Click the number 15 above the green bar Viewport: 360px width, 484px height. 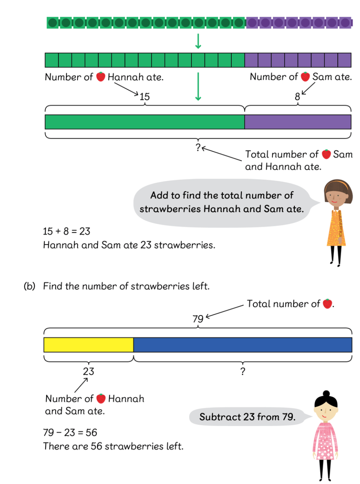[145, 96]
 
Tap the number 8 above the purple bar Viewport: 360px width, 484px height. [297, 96]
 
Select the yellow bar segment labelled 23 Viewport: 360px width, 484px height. [89, 345]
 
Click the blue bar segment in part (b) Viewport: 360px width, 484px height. [243, 345]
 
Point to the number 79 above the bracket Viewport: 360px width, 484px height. [198, 319]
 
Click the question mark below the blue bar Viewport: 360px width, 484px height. [243, 371]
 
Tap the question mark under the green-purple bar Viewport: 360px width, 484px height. [198, 148]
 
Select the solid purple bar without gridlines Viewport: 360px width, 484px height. [298, 122]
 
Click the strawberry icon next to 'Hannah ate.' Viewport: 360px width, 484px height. [101, 77]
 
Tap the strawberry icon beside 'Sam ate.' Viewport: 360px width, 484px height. [305, 76]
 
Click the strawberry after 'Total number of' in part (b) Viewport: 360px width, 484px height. [327, 303]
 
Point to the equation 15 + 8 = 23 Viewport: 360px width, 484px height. [66, 231]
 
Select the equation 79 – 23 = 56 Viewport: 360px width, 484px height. [70, 432]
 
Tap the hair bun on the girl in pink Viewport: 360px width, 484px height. [326, 394]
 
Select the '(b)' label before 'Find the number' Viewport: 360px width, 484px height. [29, 286]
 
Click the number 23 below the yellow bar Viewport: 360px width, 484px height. [88, 371]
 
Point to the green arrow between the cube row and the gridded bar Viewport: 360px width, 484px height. [198, 41]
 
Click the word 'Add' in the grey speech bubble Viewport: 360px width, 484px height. [159, 195]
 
